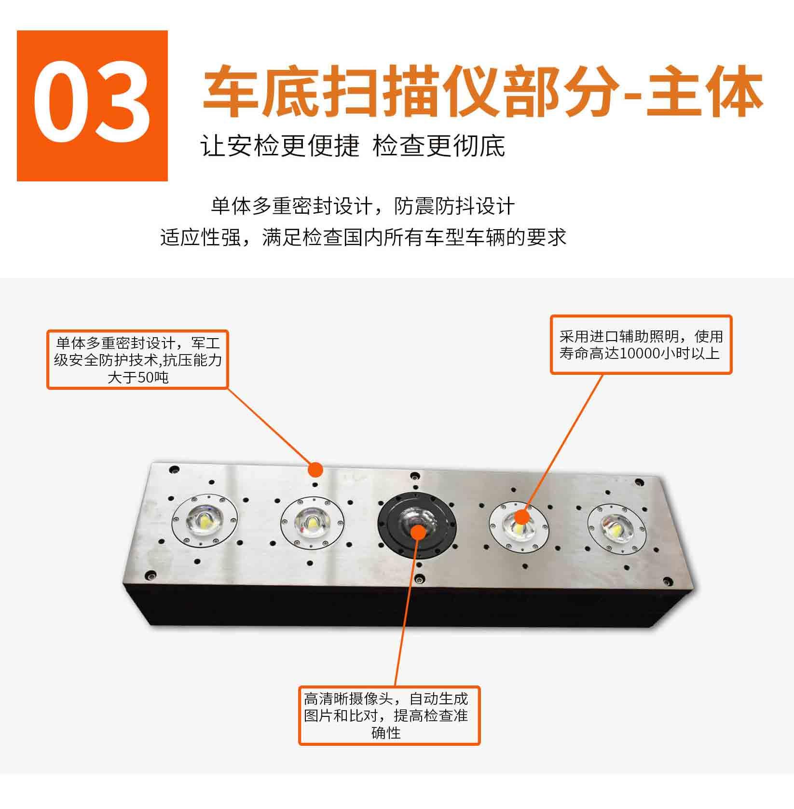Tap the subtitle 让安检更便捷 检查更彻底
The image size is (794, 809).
pyautogui.click(x=353, y=146)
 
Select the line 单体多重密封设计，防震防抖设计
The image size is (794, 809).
pyautogui.click(x=363, y=206)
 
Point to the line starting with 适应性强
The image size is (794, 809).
pyautogui.click(x=363, y=238)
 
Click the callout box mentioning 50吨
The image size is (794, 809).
pyautogui.click(x=137, y=359)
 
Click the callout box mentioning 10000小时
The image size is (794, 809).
pyautogui.click(x=641, y=344)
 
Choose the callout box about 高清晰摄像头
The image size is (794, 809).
pyautogui.click(x=389, y=715)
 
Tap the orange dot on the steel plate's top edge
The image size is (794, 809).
pyautogui.click(x=315, y=469)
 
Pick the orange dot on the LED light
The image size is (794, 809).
pyautogui.click(x=520, y=518)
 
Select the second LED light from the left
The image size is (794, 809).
pyautogui.click(x=313, y=522)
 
